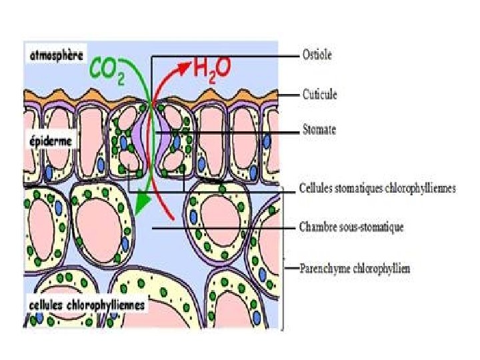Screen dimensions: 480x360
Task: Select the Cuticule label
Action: tap(319, 95)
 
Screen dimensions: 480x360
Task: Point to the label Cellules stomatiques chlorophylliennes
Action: tap(377, 189)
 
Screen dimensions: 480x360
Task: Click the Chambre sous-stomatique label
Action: tap(352, 228)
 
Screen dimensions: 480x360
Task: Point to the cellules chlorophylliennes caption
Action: tap(87, 305)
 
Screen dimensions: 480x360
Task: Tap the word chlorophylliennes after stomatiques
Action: tap(419, 189)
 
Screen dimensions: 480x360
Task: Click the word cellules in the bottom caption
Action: tap(47, 305)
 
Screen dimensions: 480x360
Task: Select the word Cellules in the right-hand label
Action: tap(317, 189)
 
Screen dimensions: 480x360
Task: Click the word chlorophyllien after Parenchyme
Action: tap(381, 269)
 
